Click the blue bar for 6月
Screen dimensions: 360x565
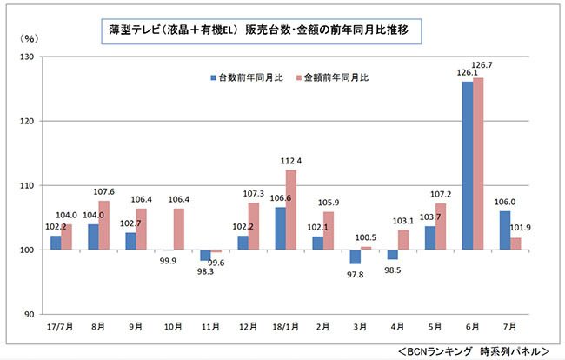pos(467,165)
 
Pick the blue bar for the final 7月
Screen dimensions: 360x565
pos(504,230)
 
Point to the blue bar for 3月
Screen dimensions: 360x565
pos(355,257)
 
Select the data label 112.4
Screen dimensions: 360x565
pos(291,160)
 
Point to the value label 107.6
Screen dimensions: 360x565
pos(103,192)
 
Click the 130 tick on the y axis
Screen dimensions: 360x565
pos(29,57)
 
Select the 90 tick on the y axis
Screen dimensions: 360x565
pos(31,315)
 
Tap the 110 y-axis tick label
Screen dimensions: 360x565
pos(29,186)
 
